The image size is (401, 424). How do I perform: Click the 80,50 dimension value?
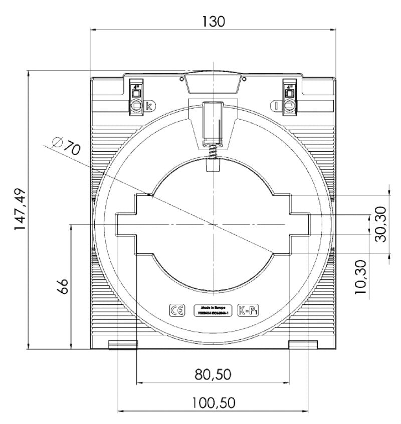coord(214,374)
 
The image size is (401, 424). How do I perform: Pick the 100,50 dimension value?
coord(214,403)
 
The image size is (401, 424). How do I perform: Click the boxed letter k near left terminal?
coord(149,106)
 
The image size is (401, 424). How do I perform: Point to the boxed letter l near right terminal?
coord(276,106)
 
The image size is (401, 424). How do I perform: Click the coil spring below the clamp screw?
coord(213,150)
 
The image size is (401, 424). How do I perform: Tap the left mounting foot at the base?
coord(123,344)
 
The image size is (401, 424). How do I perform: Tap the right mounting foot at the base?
coord(303,344)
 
